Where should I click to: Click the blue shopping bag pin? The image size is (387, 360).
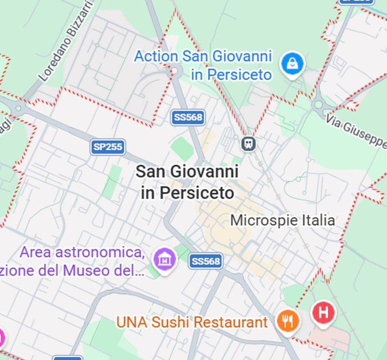[292, 64]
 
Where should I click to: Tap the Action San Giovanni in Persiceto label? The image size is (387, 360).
[203, 65]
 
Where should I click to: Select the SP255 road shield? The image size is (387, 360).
[108, 147]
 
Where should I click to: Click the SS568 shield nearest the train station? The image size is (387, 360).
[188, 117]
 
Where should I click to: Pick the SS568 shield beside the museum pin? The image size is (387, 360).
[206, 261]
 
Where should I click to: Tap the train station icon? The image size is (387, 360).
[249, 143]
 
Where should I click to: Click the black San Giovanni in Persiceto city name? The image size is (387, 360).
[187, 182]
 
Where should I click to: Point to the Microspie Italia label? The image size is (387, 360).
[283, 220]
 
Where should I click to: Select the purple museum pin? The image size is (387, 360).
[164, 258]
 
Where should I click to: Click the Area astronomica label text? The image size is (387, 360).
[82, 252]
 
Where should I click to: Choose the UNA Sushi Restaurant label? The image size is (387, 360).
[192, 322]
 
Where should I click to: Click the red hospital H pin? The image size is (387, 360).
[323, 312]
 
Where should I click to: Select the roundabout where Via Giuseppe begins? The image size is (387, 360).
[319, 105]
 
